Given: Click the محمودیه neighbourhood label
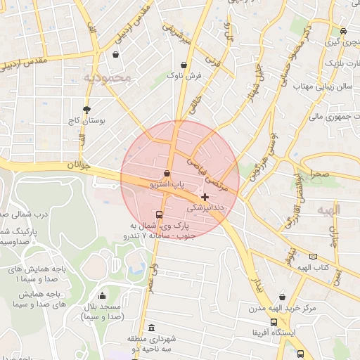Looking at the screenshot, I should point(107,77).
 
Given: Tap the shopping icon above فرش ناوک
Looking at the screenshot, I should point(184,65).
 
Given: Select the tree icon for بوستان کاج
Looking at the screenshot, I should point(86,110).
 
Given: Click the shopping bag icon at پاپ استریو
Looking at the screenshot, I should point(167,173).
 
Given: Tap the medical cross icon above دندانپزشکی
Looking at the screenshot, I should point(205,198).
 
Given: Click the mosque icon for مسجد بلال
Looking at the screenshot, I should point(103,296).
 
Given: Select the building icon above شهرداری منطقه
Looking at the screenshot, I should point(153,328).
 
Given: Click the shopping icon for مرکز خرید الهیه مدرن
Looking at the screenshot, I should point(282,297).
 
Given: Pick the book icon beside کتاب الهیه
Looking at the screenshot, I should point(313,257).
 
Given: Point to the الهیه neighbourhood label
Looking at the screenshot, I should point(328,210).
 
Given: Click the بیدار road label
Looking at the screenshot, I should point(257,285).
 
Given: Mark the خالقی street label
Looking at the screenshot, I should point(195,105).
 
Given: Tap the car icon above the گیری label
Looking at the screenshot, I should point(342,31).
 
